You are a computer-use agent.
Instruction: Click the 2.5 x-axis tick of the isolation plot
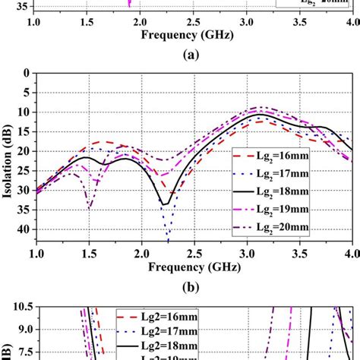click(x=194, y=251)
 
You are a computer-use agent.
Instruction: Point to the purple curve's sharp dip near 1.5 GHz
click(x=90, y=207)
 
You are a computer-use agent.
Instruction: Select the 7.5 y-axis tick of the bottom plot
click(x=21, y=352)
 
